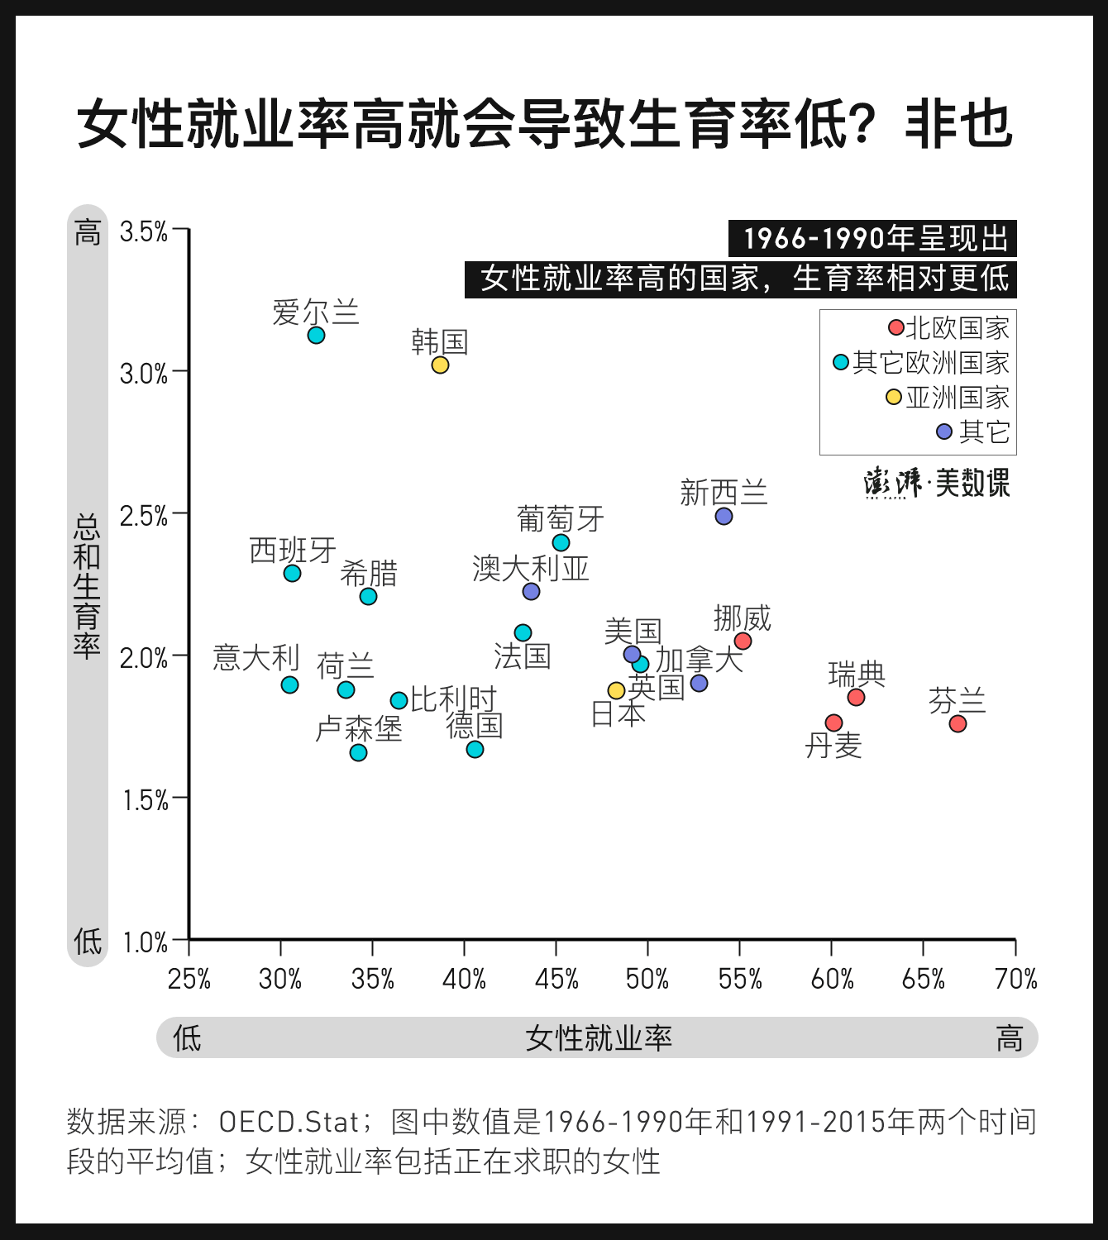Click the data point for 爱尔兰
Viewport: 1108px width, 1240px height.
[x=316, y=335]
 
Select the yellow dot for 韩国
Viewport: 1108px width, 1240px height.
[x=440, y=365]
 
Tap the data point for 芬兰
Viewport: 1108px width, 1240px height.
[x=958, y=723]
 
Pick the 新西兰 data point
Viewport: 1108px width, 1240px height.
[x=724, y=516]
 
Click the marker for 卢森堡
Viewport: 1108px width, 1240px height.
[x=358, y=752]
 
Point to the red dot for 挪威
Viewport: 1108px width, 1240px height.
[x=743, y=641]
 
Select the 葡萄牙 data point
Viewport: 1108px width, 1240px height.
[x=561, y=542]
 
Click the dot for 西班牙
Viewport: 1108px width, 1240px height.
[x=292, y=573]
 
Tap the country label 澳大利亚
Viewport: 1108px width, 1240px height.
[x=530, y=568]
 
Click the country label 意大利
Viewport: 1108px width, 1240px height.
[x=256, y=658]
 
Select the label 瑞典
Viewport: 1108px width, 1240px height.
[x=857, y=675]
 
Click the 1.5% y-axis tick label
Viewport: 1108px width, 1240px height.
[x=145, y=800]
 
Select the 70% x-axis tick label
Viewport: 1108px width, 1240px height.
[x=1015, y=979]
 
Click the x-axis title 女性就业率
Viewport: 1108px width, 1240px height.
[x=598, y=1037]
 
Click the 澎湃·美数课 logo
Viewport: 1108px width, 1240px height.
[x=937, y=483]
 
